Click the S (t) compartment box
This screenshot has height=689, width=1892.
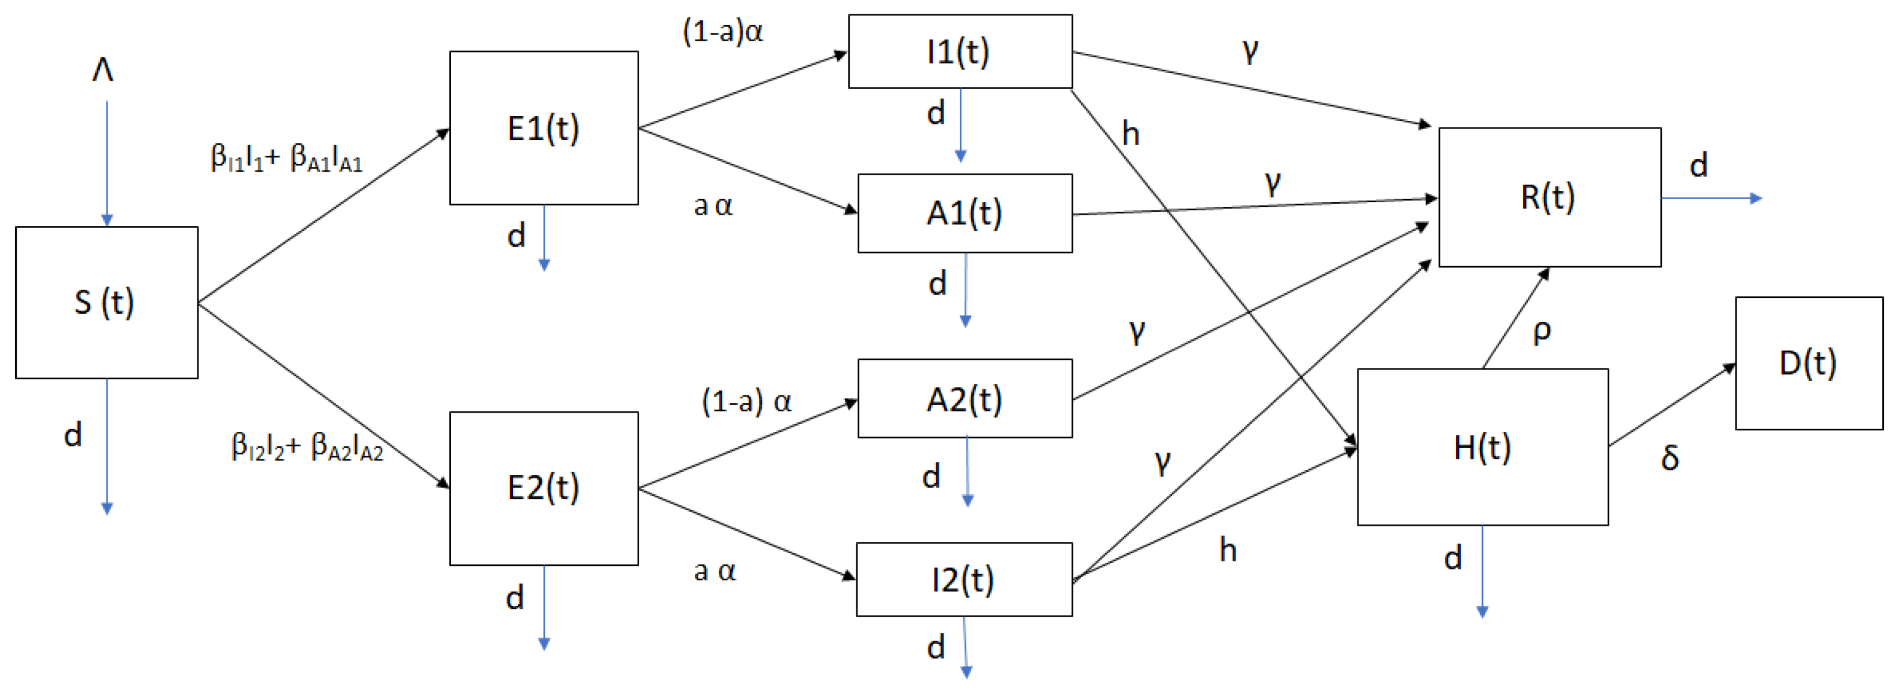pyautogui.click(x=106, y=303)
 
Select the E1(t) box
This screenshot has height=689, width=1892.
pyautogui.click(x=544, y=128)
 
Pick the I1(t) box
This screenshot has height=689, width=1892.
pyautogui.click(x=959, y=51)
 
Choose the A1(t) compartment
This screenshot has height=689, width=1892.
pyautogui.click(x=965, y=213)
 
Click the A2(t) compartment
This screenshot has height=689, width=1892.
pyautogui.click(x=965, y=399)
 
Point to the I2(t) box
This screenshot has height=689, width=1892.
pyautogui.click(x=963, y=580)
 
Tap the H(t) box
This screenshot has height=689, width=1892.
pyautogui.click(x=1482, y=447)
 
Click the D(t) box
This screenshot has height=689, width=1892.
pyautogui.click(x=1808, y=363)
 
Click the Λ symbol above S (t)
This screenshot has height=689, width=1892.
pyautogui.click(x=103, y=71)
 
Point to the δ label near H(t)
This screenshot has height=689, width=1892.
pyautogui.click(x=1670, y=458)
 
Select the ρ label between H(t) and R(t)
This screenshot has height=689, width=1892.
pyautogui.click(x=1542, y=331)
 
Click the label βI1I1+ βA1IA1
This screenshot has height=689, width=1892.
pyautogui.click(x=286, y=158)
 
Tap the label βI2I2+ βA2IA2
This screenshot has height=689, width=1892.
pyautogui.click(x=307, y=447)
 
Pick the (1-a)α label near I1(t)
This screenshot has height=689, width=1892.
pyautogui.click(x=723, y=32)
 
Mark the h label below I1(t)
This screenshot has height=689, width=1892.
pyautogui.click(x=1130, y=134)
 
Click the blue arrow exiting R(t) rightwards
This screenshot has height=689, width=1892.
pyautogui.click(x=1711, y=199)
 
